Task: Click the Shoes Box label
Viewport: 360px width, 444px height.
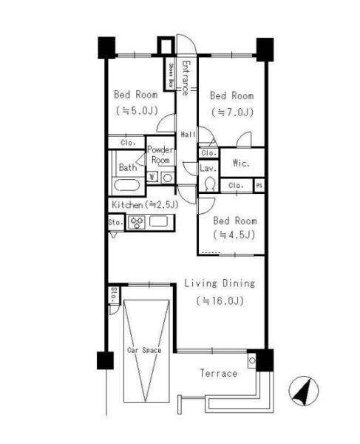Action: (171, 75)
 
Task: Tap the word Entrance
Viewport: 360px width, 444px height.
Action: (186, 78)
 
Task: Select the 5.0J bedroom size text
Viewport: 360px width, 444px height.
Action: (137, 110)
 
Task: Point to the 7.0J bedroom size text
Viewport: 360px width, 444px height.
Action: (232, 112)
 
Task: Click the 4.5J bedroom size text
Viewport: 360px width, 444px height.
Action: (234, 235)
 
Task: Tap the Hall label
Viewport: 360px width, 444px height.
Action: (188, 134)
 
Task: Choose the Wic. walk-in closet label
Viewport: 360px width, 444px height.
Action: (241, 163)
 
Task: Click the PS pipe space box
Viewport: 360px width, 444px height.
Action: (259, 186)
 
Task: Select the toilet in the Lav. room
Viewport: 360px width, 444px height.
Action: (209, 184)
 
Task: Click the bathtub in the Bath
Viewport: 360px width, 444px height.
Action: (127, 186)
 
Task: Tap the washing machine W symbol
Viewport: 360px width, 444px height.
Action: (152, 178)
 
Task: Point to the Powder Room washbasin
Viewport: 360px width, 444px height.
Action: (168, 178)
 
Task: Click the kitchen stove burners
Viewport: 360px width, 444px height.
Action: (137, 222)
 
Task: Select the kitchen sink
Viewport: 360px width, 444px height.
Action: (158, 221)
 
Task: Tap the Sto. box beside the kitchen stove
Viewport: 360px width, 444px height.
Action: (116, 223)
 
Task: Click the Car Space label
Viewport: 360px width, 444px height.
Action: (144, 350)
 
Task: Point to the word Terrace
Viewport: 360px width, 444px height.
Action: (219, 373)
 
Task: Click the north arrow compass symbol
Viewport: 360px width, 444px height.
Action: (303, 391)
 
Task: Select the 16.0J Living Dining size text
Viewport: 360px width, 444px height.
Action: (220, 300)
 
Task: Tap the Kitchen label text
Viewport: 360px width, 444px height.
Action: (127, 205)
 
